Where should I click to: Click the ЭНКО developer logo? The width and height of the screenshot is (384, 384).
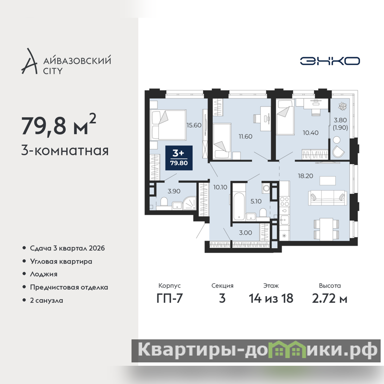(x=330, y=61)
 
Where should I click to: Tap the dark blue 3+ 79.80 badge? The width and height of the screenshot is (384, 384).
(x=179, y=158)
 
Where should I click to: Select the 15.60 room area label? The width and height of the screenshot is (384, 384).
(x=194, y=125)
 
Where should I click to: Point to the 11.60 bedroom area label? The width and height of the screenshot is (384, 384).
(x=245, y=136)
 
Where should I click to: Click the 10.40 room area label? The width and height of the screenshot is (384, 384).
(x=311, y=133)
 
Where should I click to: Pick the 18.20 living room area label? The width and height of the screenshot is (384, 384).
(x=305, y=176)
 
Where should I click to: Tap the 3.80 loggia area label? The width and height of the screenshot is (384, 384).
(x=340, y=120)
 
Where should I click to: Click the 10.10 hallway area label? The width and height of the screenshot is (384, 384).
(x=220, y=187)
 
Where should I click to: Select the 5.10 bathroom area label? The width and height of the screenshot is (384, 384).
(x=256, y=201)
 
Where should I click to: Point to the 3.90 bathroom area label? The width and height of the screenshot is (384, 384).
(x=174, y=191)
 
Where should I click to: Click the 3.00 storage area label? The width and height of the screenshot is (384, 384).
(x=245, y=233)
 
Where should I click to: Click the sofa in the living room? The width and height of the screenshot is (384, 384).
(x=328, y=197)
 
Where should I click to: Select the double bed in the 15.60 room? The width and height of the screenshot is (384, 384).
(x=168, y=125)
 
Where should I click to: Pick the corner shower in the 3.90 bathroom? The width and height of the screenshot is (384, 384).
(x=190, y=203)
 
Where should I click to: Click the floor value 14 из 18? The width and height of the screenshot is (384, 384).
(x=271, y=299)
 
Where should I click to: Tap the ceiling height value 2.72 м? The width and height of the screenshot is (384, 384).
(x=330, y=299)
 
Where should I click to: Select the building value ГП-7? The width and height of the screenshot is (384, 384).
(x=169, y=299)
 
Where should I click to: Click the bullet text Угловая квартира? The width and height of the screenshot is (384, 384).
(x=61, y=262)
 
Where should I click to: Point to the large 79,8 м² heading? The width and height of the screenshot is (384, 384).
(x=59, y=125)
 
